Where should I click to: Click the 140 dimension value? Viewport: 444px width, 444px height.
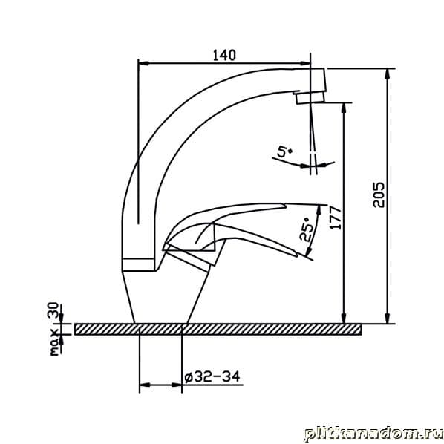coord(224,55)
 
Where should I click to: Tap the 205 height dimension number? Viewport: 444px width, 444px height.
coord(379,195)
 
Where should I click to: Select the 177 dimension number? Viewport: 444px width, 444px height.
coord(336,218)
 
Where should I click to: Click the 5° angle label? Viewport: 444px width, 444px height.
coord(284,151)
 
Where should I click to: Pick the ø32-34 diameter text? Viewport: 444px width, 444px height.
coord(212,377)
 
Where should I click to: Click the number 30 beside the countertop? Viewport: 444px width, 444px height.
coord(53,310)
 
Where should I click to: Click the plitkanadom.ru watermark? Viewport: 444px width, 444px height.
coord(373,434)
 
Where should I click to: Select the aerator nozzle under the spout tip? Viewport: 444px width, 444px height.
coord(310,97)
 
